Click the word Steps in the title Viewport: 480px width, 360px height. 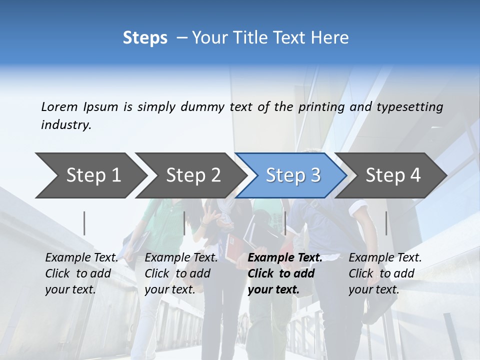tap(145, 38)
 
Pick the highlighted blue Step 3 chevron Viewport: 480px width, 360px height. tap(293, 175)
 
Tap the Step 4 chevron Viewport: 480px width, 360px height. tap(393, 175)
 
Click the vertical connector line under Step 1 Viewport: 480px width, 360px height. tap(84, 223)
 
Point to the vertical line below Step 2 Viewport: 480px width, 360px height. tap(184, 223)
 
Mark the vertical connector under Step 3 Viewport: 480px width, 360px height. tap(285, 223)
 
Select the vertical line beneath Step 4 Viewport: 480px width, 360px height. tap(386, 223)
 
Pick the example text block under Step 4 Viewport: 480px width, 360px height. tap(385, 273)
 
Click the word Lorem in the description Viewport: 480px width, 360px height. tap(59, 106)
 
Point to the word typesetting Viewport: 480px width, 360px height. tap(409, 107)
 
